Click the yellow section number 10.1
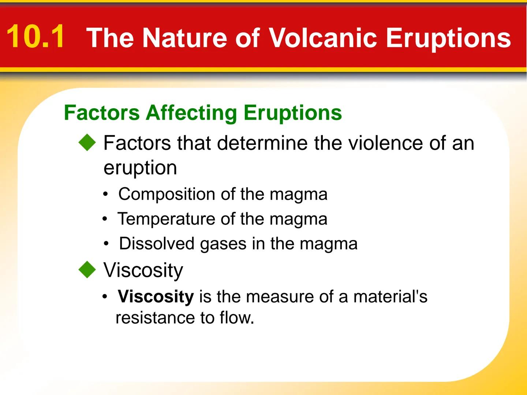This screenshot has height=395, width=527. click(35, 37)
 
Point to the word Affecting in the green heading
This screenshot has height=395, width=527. click(191, 113)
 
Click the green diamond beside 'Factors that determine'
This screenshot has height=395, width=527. click(87, 142)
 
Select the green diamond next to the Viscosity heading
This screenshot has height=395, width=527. click(87, 270)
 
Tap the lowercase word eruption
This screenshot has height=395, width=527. click(140, 168)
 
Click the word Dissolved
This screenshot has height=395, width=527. click(157, 244)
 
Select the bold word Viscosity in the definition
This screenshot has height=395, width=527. click(156, 297)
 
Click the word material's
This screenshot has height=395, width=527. click(390, 297)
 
